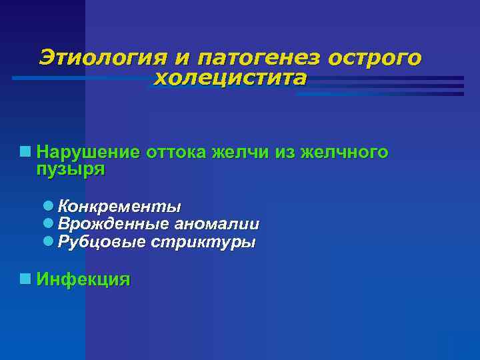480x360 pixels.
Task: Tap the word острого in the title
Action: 375,58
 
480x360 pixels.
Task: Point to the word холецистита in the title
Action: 231,79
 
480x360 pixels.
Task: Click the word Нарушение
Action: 88,153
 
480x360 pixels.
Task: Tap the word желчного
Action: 344,153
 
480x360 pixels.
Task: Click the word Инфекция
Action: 83,279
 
